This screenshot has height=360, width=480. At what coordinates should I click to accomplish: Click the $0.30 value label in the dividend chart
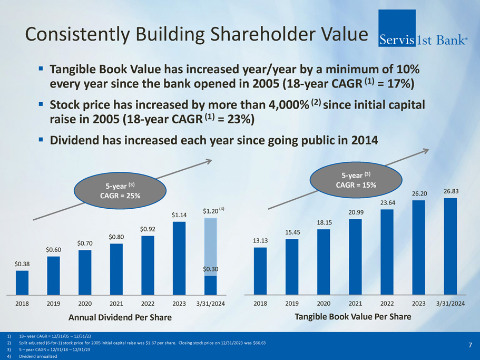(x=211, y=269)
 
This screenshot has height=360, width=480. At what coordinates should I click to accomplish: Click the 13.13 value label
(x=260, y=241)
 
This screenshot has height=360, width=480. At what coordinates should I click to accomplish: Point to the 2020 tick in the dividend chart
(x=85, y=304)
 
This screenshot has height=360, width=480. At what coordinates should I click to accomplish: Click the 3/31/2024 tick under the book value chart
(x=450, y=304)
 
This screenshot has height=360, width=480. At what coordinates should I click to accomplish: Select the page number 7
(x=469, y=345)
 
